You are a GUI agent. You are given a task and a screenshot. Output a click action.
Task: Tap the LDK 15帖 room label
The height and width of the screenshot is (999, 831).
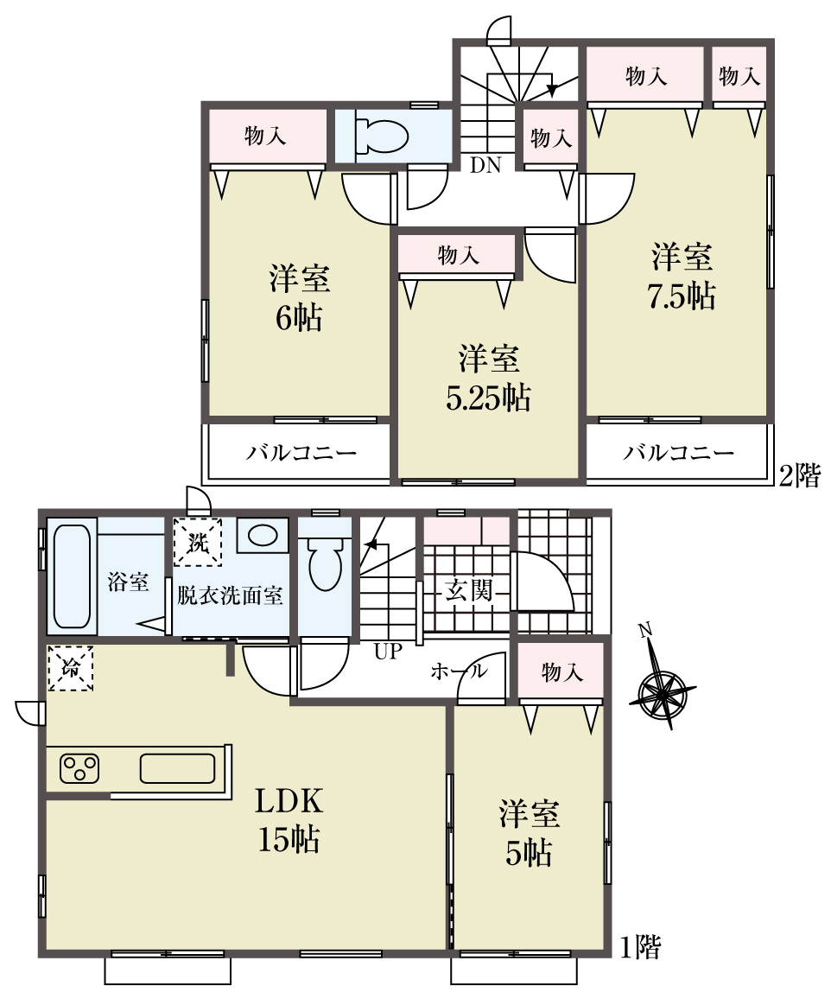click(289, 820)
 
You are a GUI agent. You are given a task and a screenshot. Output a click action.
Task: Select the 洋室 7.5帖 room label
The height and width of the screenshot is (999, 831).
click(682, 277)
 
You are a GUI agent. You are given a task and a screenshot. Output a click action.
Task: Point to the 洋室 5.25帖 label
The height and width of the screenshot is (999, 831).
click(488, 379)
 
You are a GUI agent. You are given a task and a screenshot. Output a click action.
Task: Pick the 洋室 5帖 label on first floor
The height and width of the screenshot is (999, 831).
click(530, 833)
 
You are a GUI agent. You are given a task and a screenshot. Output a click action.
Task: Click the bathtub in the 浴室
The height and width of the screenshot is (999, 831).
click(72, 576)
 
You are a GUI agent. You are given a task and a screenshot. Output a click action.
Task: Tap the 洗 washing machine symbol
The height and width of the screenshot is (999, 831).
click(198, 542)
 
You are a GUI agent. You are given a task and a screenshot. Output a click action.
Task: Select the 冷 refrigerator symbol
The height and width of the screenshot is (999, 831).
click(70, 668)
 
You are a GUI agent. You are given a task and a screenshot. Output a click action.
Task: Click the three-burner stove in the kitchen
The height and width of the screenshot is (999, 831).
click(79, 767)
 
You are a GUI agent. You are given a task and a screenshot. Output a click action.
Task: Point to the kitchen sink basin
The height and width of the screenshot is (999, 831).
click(178, 768)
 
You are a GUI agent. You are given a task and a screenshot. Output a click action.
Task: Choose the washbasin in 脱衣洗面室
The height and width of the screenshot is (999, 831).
click(263, 535)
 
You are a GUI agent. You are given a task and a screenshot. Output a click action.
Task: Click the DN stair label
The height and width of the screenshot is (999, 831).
click(485, 165)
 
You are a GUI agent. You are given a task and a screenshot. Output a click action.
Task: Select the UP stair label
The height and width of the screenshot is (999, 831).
click(388, 651)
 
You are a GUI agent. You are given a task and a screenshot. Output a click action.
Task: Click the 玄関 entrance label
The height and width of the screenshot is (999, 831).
click(469, 590)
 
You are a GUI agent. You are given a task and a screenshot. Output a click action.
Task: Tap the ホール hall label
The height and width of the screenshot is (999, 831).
click(459, 671)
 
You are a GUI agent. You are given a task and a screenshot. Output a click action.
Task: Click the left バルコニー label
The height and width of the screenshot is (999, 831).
click(301, 453)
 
